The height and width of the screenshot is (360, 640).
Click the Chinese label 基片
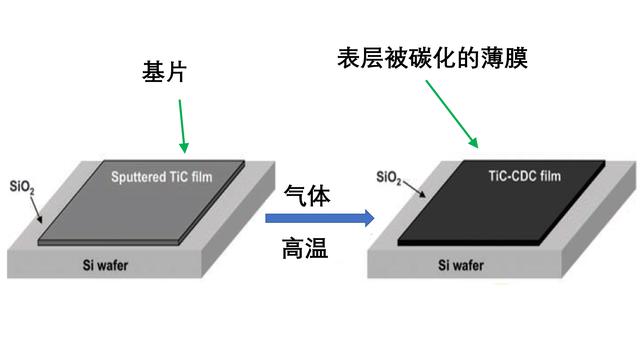(162, 73)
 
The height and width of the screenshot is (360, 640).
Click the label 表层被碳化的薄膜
(433, 57)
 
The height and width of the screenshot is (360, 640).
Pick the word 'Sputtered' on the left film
(139, 177)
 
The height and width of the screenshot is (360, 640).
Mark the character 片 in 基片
(175, 73)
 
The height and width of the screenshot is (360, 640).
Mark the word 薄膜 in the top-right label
(504, 57)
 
